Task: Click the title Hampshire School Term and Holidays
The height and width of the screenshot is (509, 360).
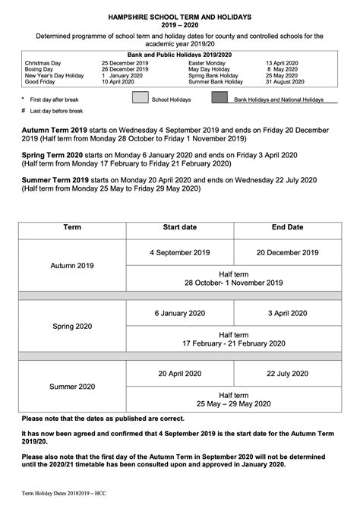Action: [179, 17]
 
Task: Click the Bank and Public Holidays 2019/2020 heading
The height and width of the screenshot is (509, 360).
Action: [179, 55]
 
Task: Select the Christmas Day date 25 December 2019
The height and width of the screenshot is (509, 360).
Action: [125, 63]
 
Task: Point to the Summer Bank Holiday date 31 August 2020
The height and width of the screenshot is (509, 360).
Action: [285, 81]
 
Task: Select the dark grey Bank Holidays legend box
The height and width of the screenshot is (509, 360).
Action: [219, 98]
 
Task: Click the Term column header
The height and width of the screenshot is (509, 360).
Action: [72, 227]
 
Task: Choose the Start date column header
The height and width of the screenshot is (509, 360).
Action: [180, 227]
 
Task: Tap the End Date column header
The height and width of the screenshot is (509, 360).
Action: [287, 227]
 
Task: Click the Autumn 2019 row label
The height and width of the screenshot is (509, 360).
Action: [72, 266]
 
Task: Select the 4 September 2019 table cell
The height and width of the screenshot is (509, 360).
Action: [180, 251]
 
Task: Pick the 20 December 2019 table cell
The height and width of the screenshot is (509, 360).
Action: [287, 251]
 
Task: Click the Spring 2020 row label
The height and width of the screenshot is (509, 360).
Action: [72, 326]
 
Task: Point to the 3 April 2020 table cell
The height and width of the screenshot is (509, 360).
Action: [287, 313]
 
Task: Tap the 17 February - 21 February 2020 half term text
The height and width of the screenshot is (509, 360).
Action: [233, 343]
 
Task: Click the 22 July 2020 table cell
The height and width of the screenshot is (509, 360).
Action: [287, 373]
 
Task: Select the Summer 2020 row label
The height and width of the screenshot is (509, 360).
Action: [72, 387]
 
